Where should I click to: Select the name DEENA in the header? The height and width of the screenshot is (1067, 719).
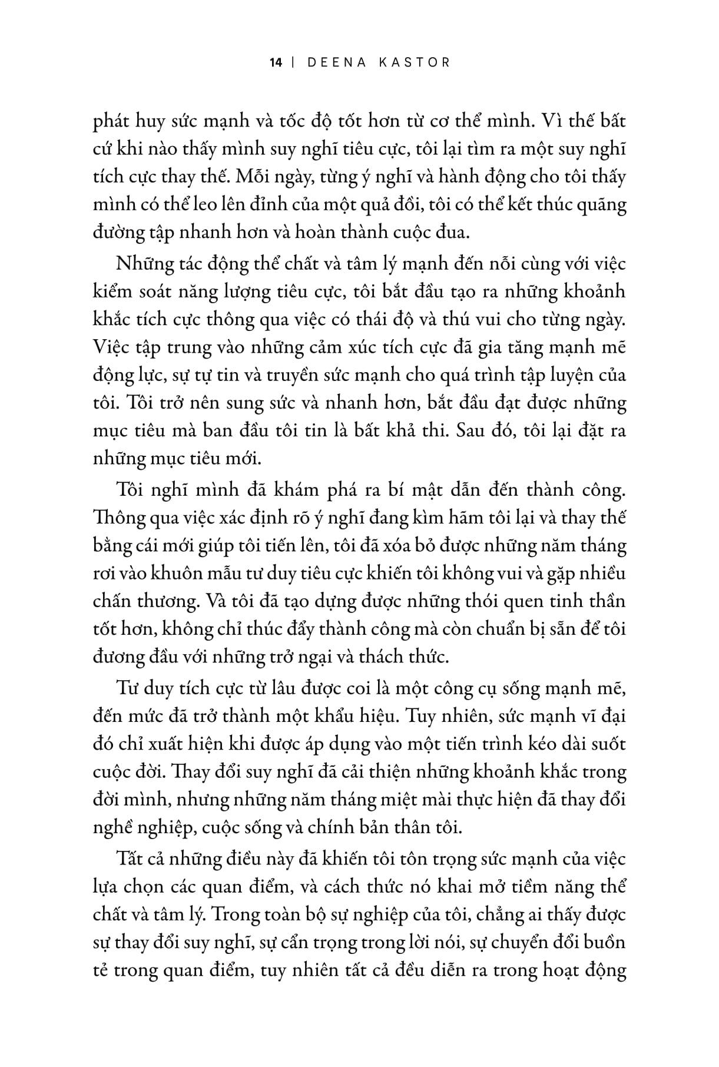[x=337, y=62]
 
